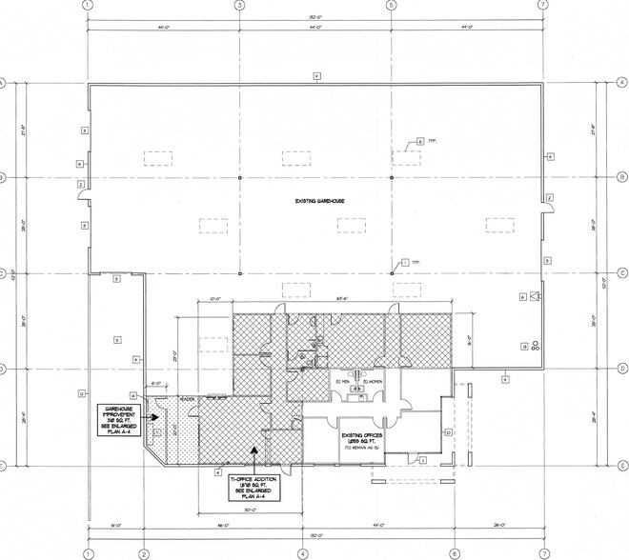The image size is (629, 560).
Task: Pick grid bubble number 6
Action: click(454, 553)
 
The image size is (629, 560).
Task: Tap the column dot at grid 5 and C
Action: click(392, 272)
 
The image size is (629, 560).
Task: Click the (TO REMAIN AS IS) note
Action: click(362, 446)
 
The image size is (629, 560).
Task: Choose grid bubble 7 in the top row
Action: click(542, 5)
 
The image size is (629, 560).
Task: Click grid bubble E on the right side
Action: click(621, 466)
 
